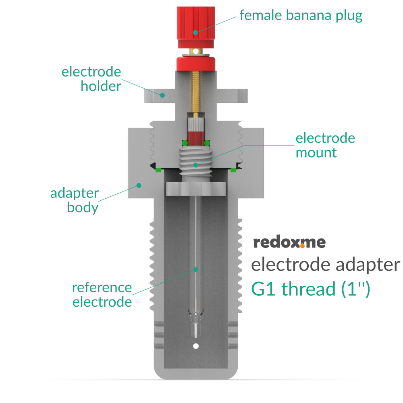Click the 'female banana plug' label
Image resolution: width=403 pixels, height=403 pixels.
coord(301,15)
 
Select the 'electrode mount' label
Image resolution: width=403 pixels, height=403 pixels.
coord(325,145)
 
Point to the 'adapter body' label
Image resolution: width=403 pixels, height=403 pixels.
coord(74,200)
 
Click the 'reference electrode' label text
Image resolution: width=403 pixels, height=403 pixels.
coord(102,295)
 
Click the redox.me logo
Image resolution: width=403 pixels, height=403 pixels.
coord(289,243)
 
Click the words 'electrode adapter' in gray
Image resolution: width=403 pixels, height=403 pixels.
coord(325,265)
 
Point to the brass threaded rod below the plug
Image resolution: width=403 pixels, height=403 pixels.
coord(196,93)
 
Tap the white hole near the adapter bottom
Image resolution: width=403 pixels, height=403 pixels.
coord(196,346)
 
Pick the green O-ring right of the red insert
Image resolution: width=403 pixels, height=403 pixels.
coord(207,143)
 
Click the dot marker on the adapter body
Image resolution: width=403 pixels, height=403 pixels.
coord(138,185)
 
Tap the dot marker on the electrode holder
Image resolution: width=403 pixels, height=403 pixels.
coord(162,95)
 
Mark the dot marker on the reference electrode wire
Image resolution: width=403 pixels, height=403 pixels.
coord(196,269)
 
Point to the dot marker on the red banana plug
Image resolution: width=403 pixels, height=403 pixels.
coord(196,32)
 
